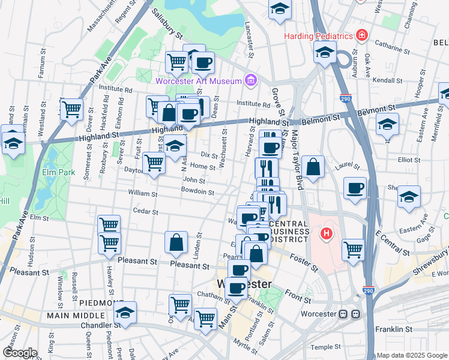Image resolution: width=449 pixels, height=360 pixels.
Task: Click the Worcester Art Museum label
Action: click(197, 81)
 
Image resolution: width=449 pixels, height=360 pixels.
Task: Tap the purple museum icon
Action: click(250, 80)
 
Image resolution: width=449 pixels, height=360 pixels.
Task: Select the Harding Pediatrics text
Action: click(318, 36)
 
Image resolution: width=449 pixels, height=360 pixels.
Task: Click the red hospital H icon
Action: click(327, 233)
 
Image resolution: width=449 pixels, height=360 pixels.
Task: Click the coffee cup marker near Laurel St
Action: click(355, 188)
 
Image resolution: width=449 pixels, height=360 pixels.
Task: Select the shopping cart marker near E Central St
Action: click(353, 250)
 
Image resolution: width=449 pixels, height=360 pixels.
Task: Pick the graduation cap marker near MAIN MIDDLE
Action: click(125, 313)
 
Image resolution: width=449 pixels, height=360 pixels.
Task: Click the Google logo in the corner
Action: click(19, 353)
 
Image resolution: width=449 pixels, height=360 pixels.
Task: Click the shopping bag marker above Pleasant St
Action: click(176, 242)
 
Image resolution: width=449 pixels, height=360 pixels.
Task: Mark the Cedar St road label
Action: click(146, 212)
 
